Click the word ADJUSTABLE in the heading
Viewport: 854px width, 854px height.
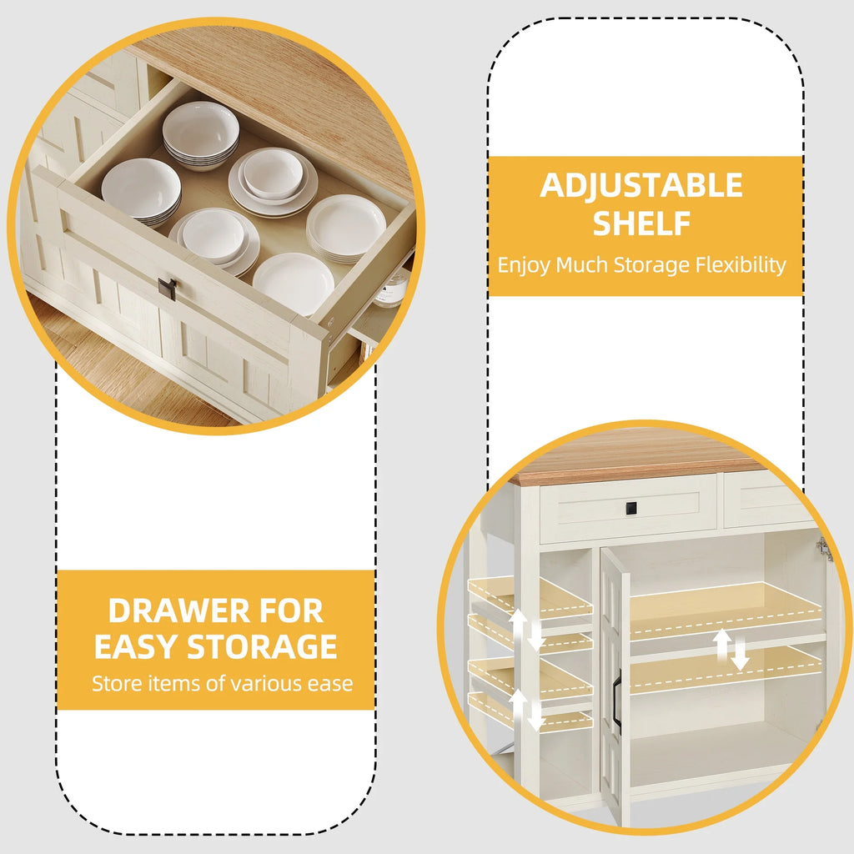641,185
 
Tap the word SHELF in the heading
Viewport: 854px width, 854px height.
641,224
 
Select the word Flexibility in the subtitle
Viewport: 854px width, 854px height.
741,265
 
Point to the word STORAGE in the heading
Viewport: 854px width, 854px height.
262,646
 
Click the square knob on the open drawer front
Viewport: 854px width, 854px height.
168,289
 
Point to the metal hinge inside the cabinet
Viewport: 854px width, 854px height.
825,548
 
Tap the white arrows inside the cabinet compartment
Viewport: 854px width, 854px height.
731,650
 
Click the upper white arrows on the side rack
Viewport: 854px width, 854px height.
527,630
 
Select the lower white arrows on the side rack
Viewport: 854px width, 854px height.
527,710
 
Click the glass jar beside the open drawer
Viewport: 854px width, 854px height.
391,289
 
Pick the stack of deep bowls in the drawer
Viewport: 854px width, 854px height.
201,136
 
